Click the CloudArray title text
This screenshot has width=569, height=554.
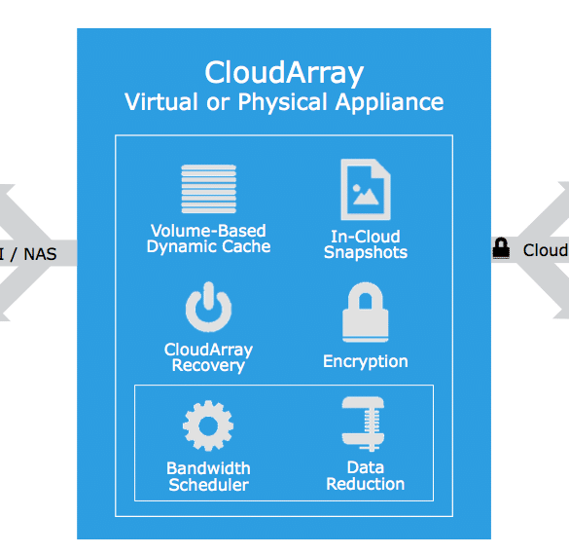284,73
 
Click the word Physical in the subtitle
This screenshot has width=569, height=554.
282,102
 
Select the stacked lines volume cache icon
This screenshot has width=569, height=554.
209,189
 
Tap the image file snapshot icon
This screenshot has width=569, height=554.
366,189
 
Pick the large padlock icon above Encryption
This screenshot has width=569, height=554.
366,313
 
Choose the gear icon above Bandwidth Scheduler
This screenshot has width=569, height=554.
208,425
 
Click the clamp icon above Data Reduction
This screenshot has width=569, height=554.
363,424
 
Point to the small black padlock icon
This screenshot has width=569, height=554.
501,248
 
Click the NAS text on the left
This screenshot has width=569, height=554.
40,254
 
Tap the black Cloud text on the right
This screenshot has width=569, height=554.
546,250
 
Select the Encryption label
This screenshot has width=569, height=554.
366,362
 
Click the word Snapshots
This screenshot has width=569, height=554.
366,252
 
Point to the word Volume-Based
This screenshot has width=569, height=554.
208,231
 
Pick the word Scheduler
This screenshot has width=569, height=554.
209,485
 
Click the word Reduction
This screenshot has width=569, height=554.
365,484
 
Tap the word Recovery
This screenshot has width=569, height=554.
208,365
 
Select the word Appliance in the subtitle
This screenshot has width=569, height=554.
389,102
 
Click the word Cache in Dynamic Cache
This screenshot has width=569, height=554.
246,246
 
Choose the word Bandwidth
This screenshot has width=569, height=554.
208,468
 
